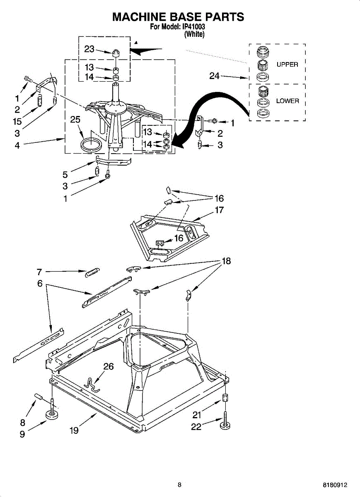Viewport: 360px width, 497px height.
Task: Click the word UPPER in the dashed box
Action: click(287, 65)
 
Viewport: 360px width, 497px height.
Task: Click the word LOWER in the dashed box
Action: click(288, 101)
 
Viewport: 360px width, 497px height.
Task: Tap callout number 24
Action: click(215, 76)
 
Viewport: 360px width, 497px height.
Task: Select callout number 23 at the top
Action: click(89, 49)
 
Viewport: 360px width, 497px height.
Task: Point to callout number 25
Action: click(75, 120)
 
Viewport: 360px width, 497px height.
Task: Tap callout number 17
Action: click(219, 210)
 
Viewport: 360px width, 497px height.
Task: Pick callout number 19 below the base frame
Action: click(74, 430)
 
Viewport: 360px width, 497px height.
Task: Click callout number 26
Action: click(108, 367)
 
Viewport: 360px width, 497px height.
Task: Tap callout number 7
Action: click(39, 272)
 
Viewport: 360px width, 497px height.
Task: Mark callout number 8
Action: click(22, 423)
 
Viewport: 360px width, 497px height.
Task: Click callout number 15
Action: click(17, 122)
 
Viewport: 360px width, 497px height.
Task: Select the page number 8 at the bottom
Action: click(179, 485)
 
